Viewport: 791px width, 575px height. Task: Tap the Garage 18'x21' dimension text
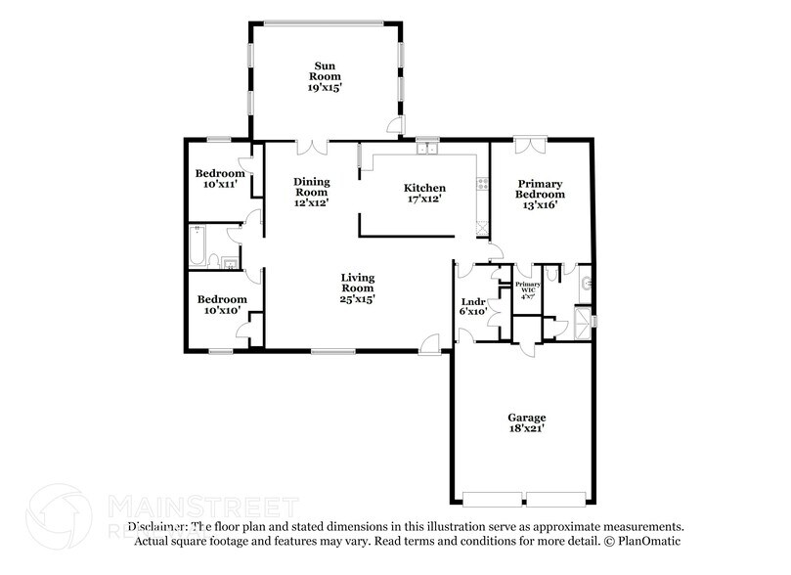tap(526, 426)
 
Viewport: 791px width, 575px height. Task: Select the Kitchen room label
tap(425, 188)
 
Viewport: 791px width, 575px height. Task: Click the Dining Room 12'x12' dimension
tap(312, 203)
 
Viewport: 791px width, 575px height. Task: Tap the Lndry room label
tap(473, 301)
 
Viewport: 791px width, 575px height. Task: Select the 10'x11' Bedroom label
tap(219, 174)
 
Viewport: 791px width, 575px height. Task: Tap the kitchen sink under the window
tap(427, 149)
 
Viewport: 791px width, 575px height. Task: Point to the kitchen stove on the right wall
tap(481, 183)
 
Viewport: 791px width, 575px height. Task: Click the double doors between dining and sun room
tap(312, 147)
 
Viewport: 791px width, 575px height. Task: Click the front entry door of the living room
tap(429, 342)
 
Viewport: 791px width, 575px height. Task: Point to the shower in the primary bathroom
tap(583, 319)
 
